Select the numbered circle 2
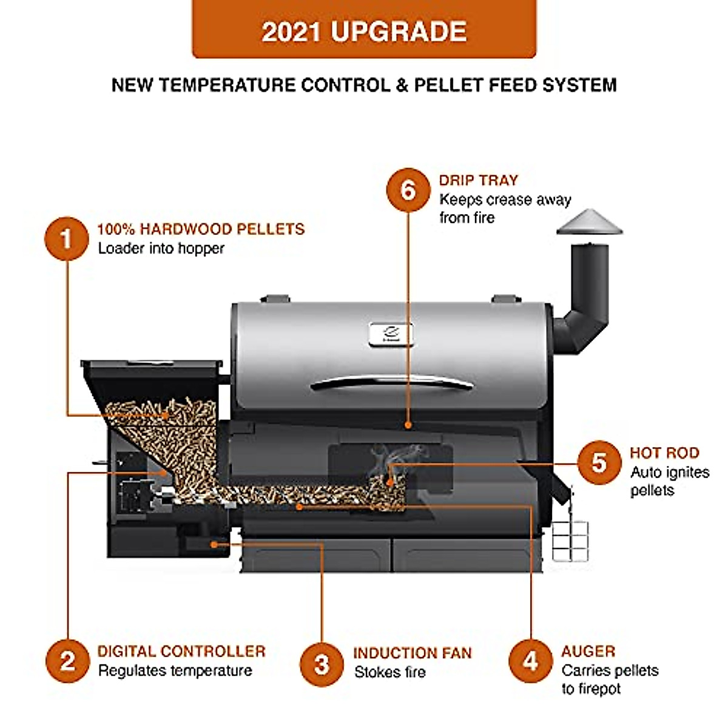(x=67, y=660)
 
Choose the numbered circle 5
(x=599, y=462)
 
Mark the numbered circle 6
(x=408, y=190)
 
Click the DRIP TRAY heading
(x=479, y=180)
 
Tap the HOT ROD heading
(x=664, y=453)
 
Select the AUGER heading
(x=588, y=652)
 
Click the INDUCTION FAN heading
(x=413, y=653)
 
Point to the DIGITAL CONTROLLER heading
(x=181, y=652)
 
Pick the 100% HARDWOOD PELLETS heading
(x=201, y=229)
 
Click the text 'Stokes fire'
(x=390, y=672)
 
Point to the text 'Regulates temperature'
(x=175, y=670)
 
